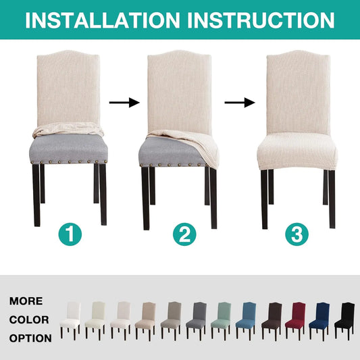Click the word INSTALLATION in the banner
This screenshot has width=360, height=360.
pos(103,20)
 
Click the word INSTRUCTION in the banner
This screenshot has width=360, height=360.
pos(261,20)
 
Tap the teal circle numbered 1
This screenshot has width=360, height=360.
pos(70,234)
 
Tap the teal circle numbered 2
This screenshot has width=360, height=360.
pos(184,234)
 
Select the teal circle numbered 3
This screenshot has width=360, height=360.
pos(297,234)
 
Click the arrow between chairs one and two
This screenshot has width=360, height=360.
pos(124,103)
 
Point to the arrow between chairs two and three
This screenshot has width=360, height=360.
pos(240,103)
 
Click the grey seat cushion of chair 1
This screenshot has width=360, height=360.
pos(69,148)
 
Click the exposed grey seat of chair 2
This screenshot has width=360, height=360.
pos(170,151)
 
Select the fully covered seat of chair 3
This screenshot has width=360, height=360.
pos(297,151)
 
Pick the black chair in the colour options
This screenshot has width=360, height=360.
pos(344,321)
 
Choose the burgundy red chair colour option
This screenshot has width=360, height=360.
pos(296,321)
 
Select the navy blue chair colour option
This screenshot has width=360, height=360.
pos(320,321)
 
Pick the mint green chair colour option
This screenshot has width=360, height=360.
pos(222,321)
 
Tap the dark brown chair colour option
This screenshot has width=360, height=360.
pos(272,321)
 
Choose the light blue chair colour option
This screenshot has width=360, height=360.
pos(247,321)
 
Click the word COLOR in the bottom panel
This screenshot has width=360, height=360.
pos(29,320)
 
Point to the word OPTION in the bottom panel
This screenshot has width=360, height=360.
pos(30,338)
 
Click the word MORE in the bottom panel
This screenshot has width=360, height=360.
pos(26,301)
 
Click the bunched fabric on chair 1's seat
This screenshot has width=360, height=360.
pos(68,129)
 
